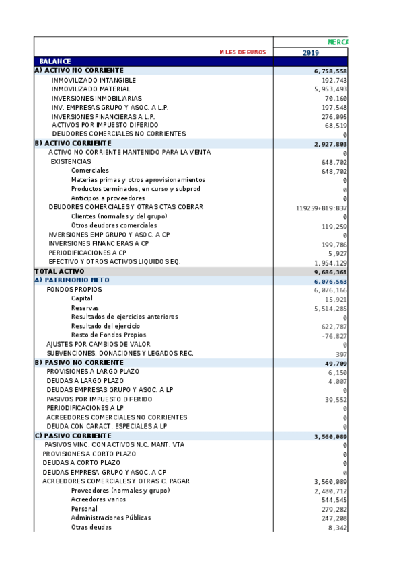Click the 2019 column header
(310, 52)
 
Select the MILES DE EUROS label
(242, 52)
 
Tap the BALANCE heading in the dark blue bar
(55, 61)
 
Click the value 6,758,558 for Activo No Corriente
(330, 71)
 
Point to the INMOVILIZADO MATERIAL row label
(91, 89)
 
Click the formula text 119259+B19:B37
(322, 208)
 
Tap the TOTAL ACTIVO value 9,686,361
(330, 272)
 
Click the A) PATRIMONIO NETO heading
(71, 280)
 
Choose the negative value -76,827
(334, 335)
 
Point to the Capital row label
(82, 298)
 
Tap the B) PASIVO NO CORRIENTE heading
(79, 362)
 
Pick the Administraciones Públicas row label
(111, 518)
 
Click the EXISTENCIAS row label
(71, 161)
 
